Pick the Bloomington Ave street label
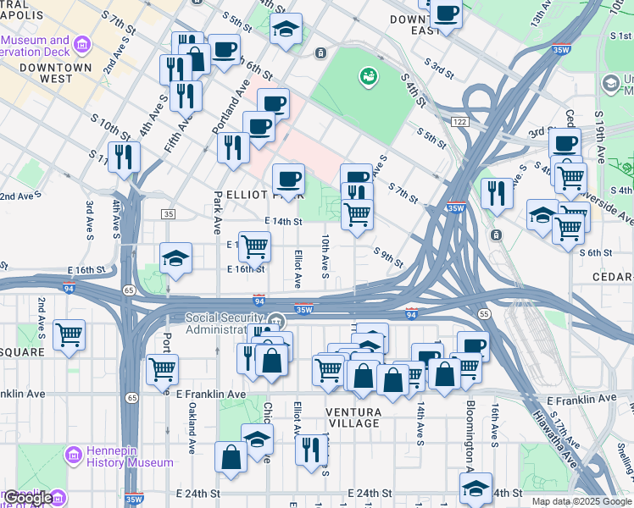(468, 431)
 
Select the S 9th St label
(388, 254)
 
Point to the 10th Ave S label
(325, 255)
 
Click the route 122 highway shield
(460, 123)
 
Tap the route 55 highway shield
(484, 313)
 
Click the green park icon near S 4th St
(367, 77)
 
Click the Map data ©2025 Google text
(581, 501)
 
